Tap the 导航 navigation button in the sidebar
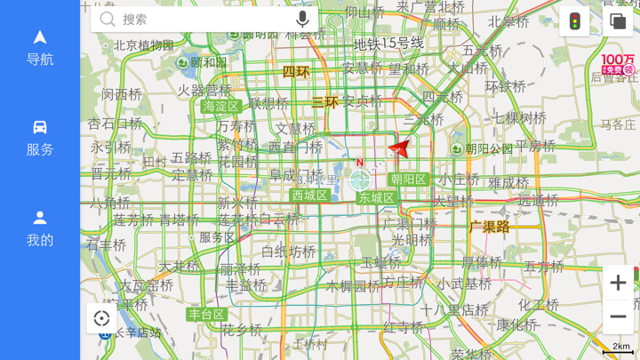click(x=40, y=47)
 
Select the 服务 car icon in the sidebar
click(x=40, y=138)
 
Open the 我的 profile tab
click(x=40, y=228)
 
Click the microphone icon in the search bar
click(x=302, y=19)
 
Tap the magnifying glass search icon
click(x=108, y=19)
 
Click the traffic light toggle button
click(x=575, y=21)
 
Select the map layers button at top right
click(x=618, y=21)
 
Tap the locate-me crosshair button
click(x=101, y=318)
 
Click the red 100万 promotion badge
click(x=618, y=64)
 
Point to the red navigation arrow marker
click(x=400, y=148)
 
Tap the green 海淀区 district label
click(x=220, y=107)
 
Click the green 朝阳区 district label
click(x=408, y=180)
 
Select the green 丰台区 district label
click(x=206, y=315)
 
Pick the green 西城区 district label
click(x=309, y=196)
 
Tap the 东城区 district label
click(x=376, y=197)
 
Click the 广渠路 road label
click(x=490, y=228)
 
